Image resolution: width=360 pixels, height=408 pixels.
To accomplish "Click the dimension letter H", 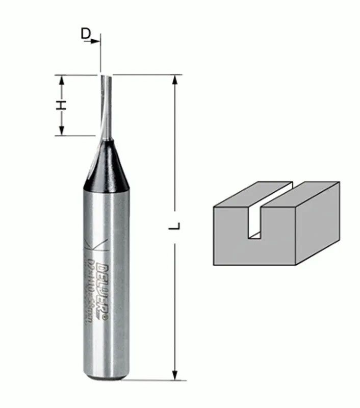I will [x=61, y=106].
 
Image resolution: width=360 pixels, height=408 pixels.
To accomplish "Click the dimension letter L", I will [x=175, y=226].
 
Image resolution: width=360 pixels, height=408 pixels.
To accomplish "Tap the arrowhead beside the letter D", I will [x=96, y=41].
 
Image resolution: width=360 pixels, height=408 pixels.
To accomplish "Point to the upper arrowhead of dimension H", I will [x=61, y=80].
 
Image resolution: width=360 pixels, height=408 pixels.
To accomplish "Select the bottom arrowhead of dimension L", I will [x=175, y=375].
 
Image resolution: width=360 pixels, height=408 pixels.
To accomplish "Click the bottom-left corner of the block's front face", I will [x=214, y=264].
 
